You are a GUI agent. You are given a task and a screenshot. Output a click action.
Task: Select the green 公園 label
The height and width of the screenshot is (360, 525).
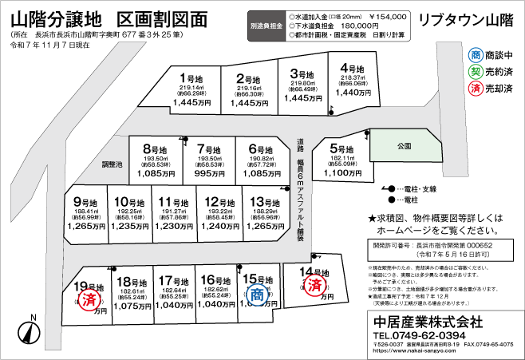(403, 148)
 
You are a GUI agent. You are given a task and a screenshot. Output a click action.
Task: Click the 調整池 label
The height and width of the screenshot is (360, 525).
(112, 164)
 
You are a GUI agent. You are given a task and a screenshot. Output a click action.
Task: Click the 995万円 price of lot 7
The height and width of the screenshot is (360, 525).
(209, 172)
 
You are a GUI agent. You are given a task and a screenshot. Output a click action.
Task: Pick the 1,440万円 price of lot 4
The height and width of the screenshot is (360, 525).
(353, 93)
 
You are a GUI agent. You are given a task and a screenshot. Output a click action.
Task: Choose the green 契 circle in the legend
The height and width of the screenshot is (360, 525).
(476, 71)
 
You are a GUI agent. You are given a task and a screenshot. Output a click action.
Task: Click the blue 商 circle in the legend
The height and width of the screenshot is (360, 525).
(476, 55)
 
